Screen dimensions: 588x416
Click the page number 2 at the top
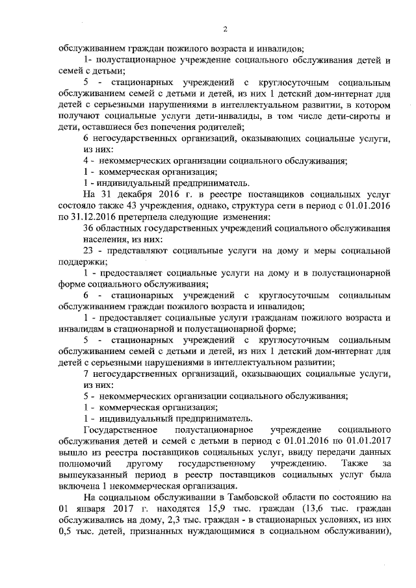click(225, 28)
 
